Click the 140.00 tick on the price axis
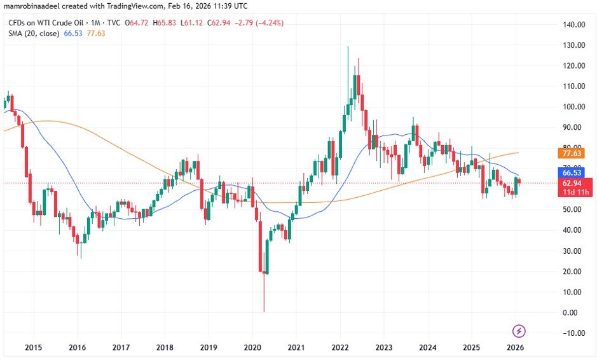point(573,25)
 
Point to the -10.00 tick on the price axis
point(573,333)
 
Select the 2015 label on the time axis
point(33,347)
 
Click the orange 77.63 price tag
point(571,153)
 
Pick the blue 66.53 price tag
point(571,172)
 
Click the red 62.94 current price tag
point(571,183)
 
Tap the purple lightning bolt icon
point(519,331)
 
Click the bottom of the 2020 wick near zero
point(263,311)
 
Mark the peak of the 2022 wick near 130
point(348,46)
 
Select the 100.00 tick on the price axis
point(573,107)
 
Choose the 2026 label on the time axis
point(515,347)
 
